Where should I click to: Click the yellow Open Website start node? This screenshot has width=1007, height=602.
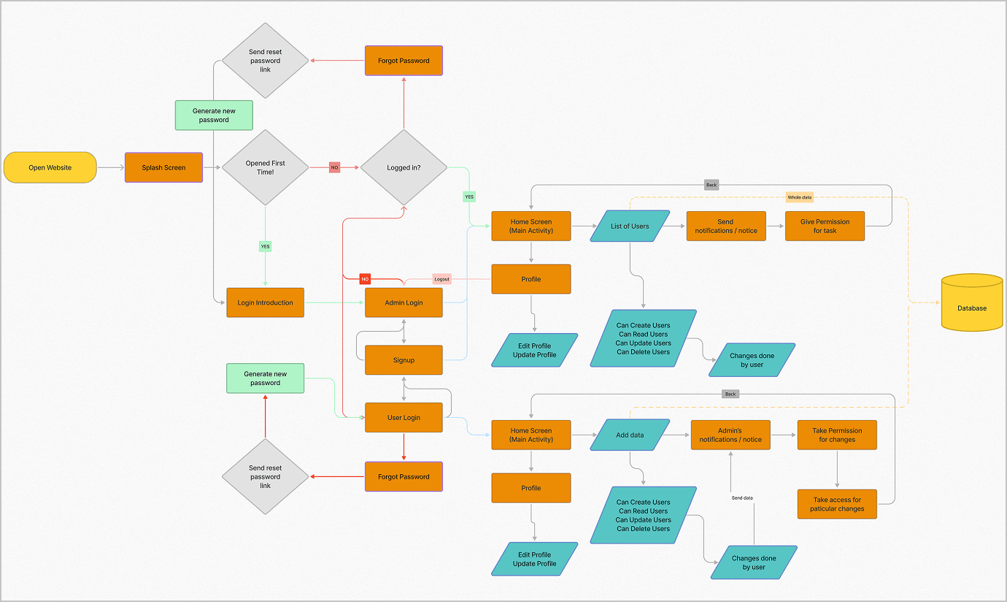point(50,167)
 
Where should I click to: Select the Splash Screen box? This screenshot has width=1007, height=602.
point(163,167)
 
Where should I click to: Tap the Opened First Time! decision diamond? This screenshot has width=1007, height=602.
point(265,167)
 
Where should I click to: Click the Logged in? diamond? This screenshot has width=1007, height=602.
point(404,167)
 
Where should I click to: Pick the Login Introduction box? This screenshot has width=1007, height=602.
point(265,302)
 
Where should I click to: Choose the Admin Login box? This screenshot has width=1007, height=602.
point(404,302)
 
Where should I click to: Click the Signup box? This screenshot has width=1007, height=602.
point(404,360)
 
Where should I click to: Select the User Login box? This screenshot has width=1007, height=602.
point(404,418)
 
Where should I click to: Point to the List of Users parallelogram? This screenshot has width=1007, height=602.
point(630,226)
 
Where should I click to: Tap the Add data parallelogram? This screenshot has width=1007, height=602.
point(630,435)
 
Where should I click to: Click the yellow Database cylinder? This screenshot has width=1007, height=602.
point(972,302)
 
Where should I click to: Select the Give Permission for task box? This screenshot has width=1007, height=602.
point(825,226)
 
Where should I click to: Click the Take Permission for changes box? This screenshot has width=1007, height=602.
point(837,435)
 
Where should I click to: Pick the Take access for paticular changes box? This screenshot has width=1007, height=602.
point(837,504)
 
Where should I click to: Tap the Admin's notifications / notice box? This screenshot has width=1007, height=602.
point(730,435)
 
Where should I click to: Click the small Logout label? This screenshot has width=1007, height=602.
point(441,279)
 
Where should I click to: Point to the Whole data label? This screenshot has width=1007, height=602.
point(799,197)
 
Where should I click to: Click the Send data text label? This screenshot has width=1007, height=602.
point(742,498)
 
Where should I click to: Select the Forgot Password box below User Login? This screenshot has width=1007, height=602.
point(404,476)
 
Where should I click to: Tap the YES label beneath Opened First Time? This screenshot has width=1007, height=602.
point(265,246)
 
